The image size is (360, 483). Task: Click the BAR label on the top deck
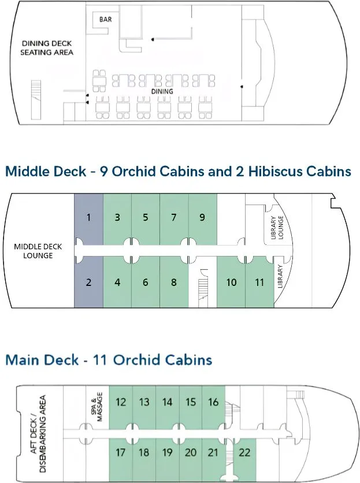tap(105, 20)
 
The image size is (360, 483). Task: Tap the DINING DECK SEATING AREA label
tap(47, 48)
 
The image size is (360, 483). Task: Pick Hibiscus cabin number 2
tap(89, 282)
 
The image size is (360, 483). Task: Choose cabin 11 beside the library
tap(259, 282)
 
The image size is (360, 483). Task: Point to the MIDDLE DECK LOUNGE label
tap(38, 251)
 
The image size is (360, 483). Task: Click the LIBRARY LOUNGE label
tap(277, 227)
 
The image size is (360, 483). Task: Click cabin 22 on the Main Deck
tap(244, 452)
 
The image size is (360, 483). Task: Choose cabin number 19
tap(168, 452)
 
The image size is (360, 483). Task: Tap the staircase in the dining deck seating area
tap(36, 100)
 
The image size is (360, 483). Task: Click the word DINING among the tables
tap(162, 91)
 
